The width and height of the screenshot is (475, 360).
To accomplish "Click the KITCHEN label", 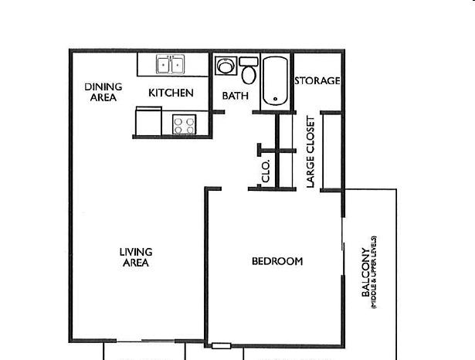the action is coord(171,93).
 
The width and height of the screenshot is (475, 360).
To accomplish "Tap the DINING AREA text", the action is coord(103,92).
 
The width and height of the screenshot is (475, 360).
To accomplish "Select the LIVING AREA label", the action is coord(136,257).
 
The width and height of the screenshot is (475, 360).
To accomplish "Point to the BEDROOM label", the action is coord(277,261).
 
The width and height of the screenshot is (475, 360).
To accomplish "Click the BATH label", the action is coord(236,96).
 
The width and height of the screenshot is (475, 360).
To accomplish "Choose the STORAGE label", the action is coord(317,80).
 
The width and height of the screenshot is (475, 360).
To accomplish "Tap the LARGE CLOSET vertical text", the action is coord(310,152).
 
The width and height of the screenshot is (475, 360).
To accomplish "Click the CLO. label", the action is coord(266,172).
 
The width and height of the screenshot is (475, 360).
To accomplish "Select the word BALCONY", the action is coord(365,273).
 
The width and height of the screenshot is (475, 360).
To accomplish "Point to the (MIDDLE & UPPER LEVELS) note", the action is coord(374,272).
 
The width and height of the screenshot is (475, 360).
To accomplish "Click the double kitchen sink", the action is coord(170,64).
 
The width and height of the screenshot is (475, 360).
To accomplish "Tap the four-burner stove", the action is coord(184,124).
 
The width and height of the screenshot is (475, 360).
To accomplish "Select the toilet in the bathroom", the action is coord(249,70).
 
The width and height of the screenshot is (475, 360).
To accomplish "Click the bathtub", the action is coord(275,81).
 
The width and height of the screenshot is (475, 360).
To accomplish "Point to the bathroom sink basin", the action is coord(226,66).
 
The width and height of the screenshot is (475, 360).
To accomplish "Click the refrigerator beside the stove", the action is coord(148,121).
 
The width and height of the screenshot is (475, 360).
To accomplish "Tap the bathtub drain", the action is coord(275,99).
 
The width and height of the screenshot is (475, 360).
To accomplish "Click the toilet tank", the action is coord(249,62).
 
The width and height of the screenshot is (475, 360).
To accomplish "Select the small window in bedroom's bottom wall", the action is coord(221,346).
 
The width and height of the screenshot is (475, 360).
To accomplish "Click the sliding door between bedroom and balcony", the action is coord(343,246).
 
